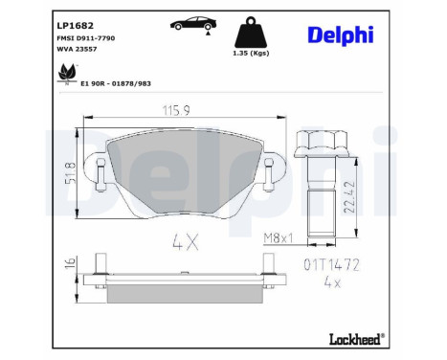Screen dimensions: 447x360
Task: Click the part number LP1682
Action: [x=75, y=26]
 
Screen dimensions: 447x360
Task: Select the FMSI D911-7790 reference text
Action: [x=85, y=38]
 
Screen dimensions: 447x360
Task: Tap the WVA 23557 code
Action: [x=77, y=49]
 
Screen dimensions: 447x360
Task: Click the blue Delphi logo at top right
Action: [x=341, y=34]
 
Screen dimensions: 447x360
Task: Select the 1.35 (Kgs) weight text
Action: [x=251, y=54]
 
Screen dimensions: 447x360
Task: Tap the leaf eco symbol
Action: [x=67, y=73]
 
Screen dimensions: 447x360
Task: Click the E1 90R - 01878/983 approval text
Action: [x=116, y=83]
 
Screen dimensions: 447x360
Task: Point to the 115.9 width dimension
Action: [x=176, y=111]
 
